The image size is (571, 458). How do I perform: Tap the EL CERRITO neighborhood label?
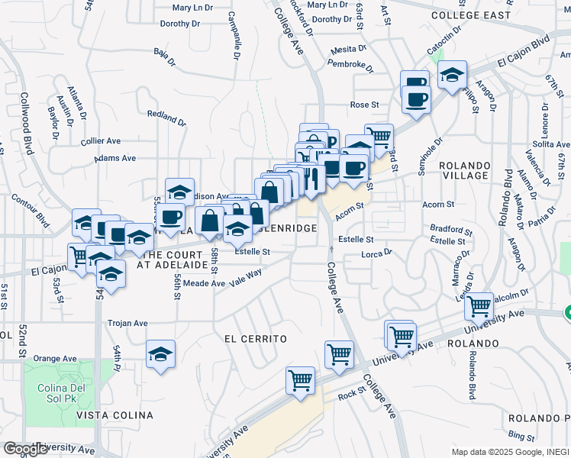click(x=255, y=338)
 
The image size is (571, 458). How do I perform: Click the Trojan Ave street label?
click(x=127, y=323)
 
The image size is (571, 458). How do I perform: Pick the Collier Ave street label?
click(x=101, y=140)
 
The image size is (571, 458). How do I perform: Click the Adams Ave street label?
click(x=115, y=158)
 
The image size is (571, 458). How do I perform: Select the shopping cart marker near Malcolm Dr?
click(x=479, y=306)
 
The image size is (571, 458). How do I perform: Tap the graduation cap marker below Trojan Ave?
click(x=160, y=354)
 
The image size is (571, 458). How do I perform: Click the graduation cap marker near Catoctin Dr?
click(x=453, y=75)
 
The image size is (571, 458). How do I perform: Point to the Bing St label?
click(x=521, y=436)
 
